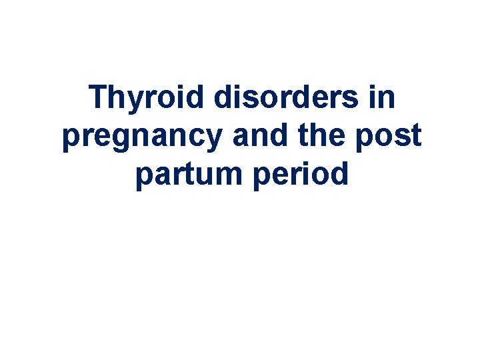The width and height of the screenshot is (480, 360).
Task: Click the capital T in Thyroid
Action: (x=99, y=97)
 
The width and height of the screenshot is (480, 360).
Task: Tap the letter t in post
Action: (x=415, y=136)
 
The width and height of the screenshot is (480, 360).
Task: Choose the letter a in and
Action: (x=241, y=137)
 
